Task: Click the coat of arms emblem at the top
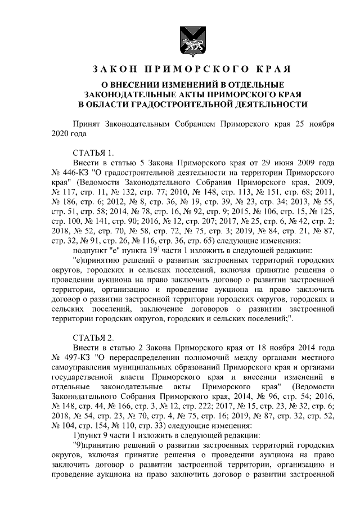click(x=185, y=40)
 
